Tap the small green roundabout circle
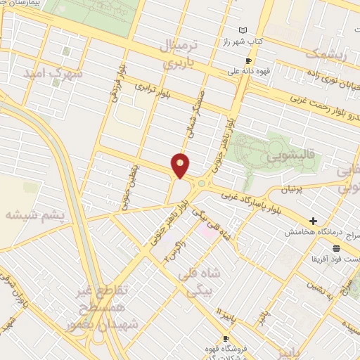pyautogui.click(x=202, y=184)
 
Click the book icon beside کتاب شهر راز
pyautogui.click(x=243, y=30)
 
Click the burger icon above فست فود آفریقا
pyautogui.click(x=336, y=248)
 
